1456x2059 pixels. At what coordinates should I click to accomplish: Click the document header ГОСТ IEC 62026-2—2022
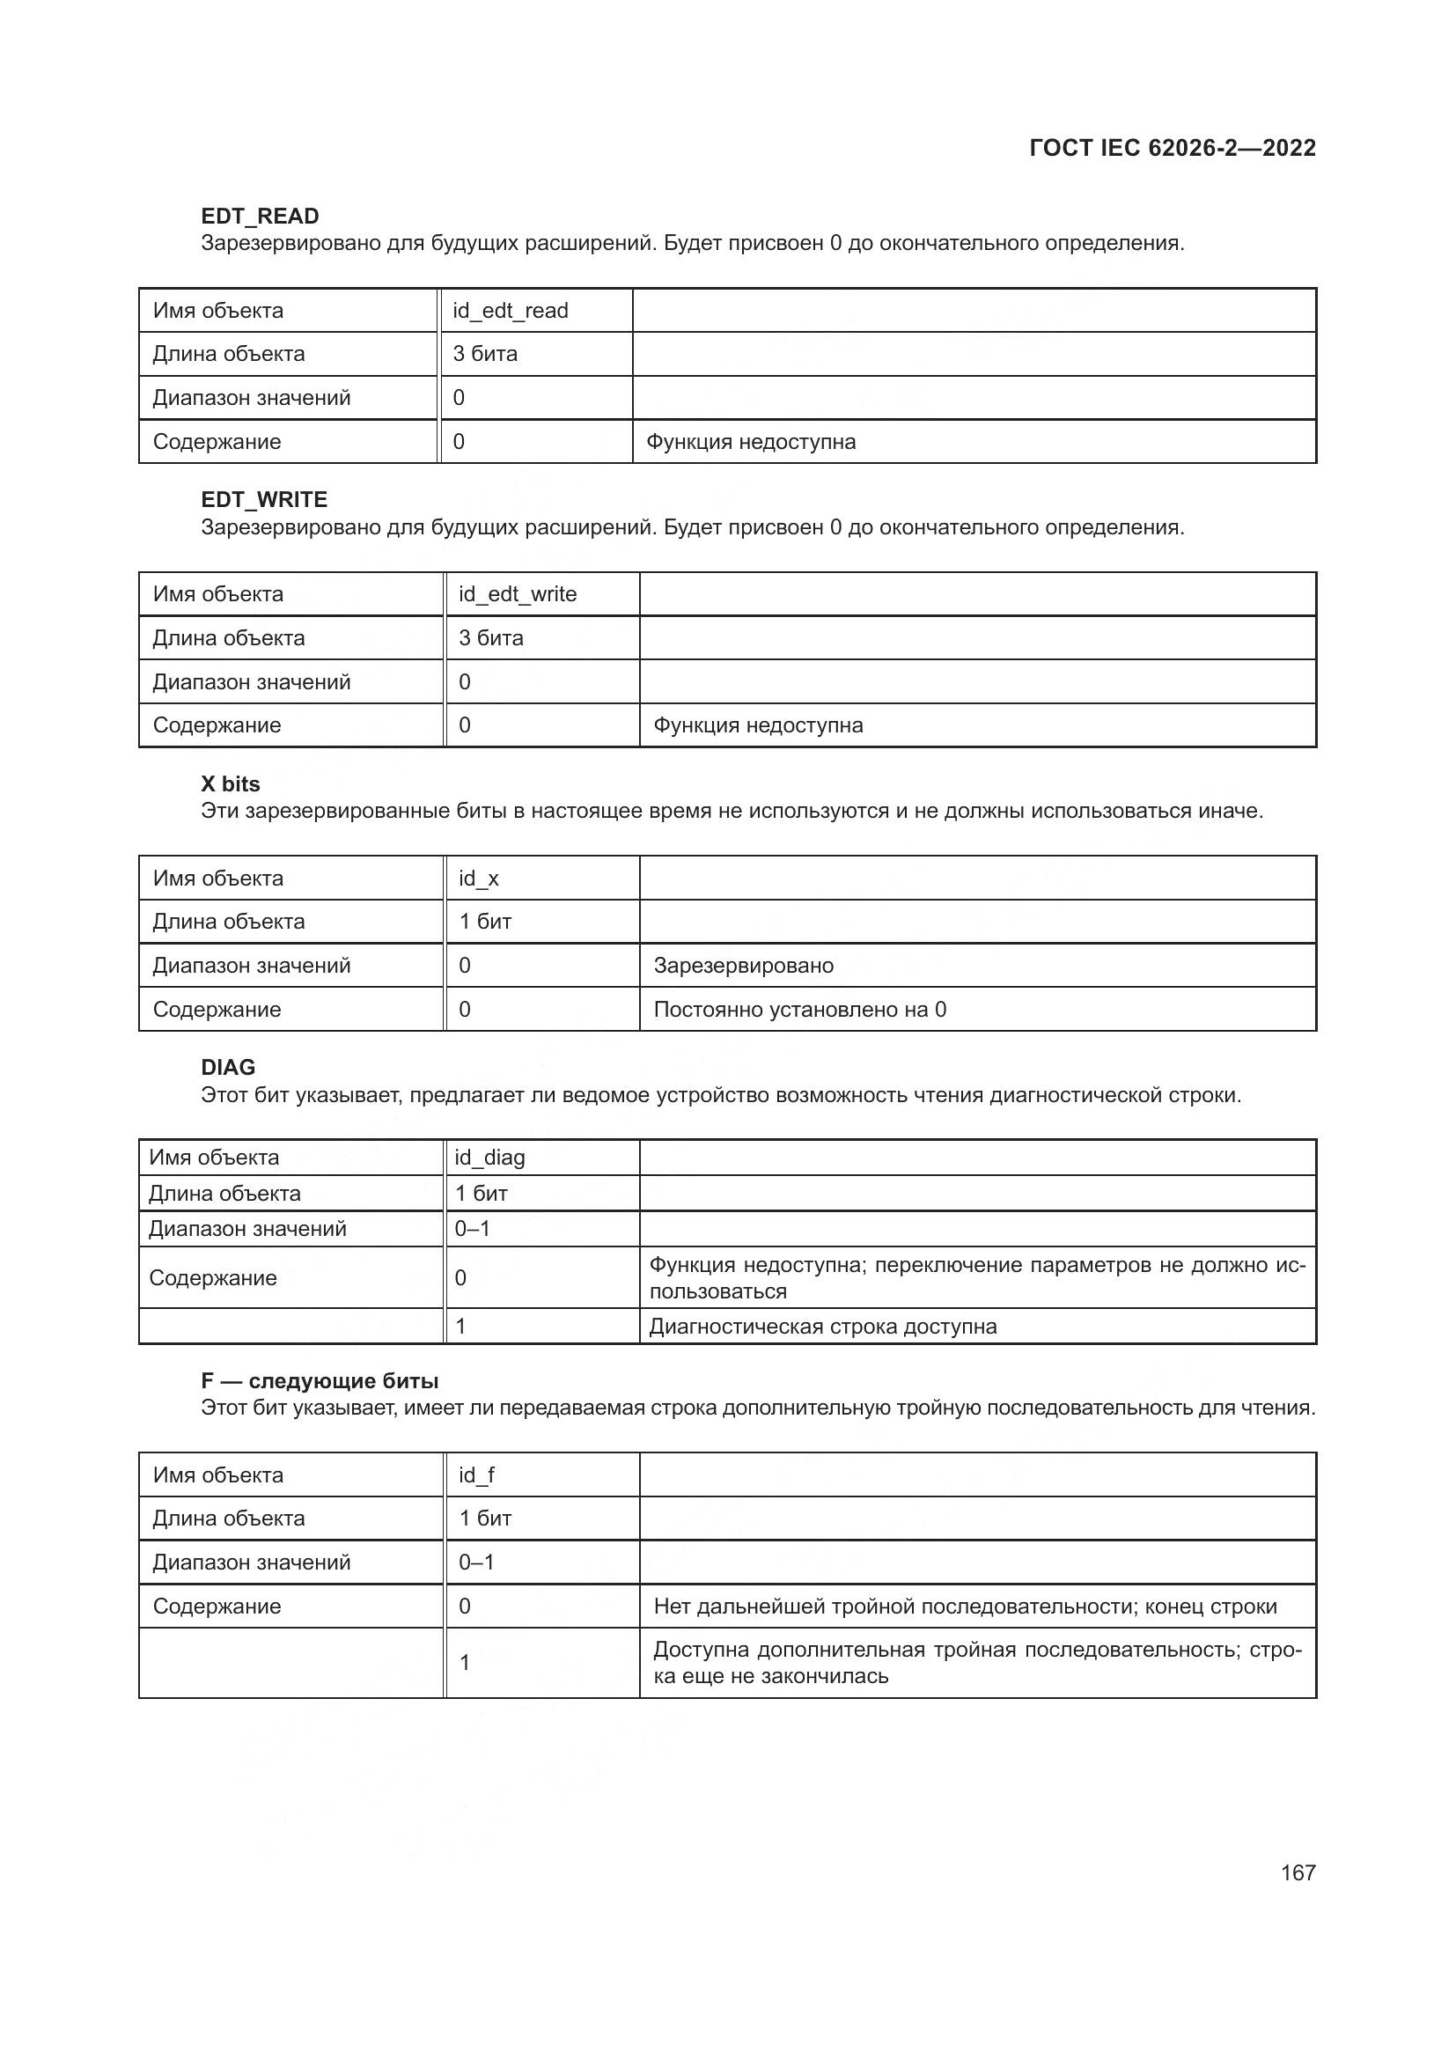tap(1172, 148)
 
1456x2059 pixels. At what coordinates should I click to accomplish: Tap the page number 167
tap(1298, 1872)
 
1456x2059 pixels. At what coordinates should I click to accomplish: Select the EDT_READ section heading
tap(260, 217)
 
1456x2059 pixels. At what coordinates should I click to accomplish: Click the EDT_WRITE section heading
tap(263, 499)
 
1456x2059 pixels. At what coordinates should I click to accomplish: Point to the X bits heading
tap(231, 783)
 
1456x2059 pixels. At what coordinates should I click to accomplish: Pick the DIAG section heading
tap(228, 1067)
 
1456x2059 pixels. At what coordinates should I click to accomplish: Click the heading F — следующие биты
tap(320, 1381)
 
